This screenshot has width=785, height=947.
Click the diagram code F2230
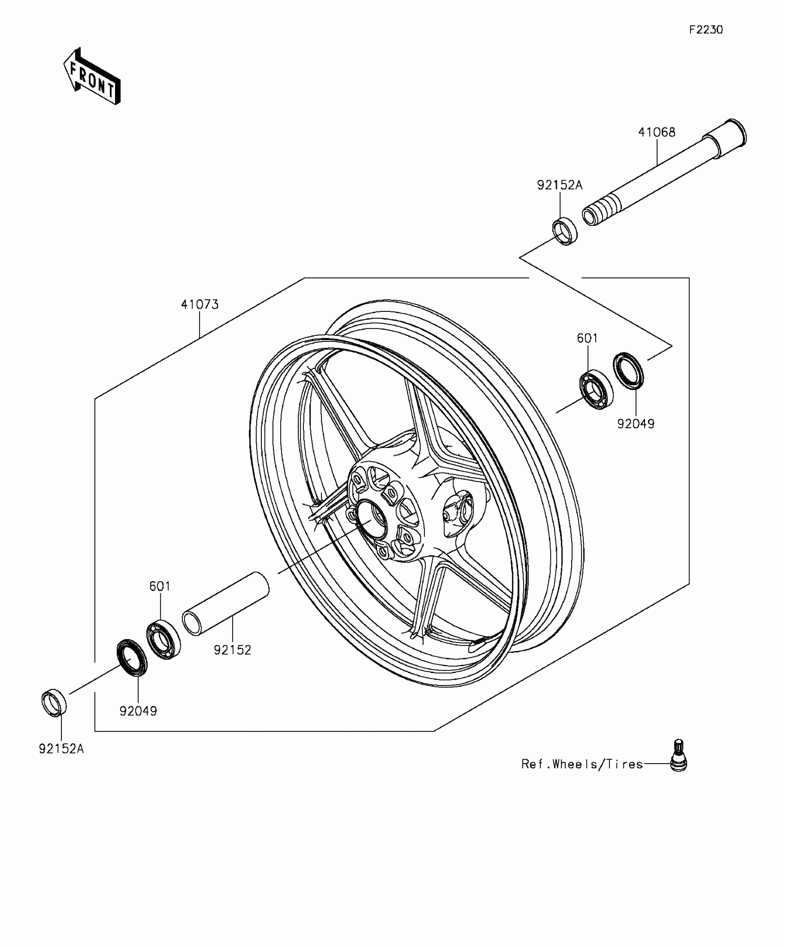tap(706, 30)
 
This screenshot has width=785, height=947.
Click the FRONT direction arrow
tap(92, 76)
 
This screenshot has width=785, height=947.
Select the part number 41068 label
tap(656, 133)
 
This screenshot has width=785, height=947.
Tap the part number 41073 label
tap(199, 304)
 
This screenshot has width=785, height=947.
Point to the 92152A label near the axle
tap(560, 185)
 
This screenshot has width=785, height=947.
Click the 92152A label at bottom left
tap(61, 749)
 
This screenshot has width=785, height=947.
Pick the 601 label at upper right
tap(587, 338)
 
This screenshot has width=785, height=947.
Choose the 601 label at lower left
tap(160, 586)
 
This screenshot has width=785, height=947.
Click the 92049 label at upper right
tap(636, 424)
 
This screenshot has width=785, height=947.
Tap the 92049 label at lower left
tap(138, 711)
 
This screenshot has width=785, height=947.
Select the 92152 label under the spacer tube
tap(232, 650)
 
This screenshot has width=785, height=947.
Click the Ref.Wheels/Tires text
tap(582, 764)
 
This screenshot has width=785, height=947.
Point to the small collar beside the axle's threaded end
tap(565, 231)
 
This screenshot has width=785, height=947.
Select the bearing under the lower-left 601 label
tap(163, 639)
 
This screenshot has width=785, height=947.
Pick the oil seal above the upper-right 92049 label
tap(628, 370)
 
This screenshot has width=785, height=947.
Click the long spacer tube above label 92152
tap(226, 604)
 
